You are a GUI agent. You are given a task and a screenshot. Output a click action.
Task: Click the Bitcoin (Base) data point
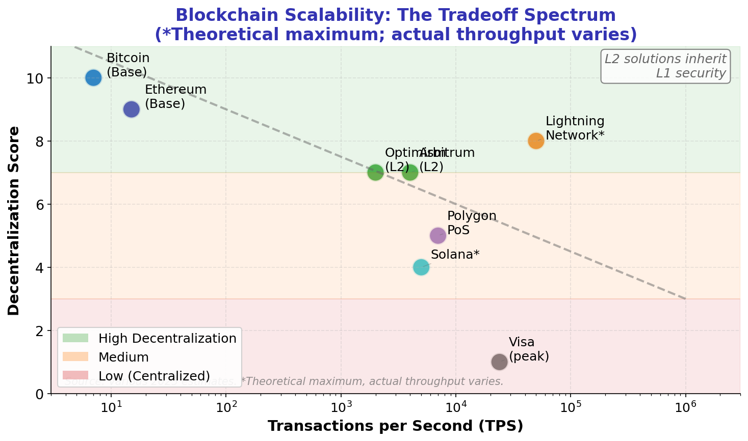[93, 78]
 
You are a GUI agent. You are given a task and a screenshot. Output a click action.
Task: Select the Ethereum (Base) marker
[132, 109]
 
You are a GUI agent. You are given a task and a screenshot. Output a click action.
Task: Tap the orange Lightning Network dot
[536, 141]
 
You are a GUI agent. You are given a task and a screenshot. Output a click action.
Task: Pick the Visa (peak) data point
[500, 362]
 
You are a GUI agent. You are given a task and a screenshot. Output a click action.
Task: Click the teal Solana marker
[421, 267]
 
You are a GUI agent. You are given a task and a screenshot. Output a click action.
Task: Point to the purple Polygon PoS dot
[438, 236]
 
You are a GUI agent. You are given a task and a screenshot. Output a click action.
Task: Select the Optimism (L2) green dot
[375, 173]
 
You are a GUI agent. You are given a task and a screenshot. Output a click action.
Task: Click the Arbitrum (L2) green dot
[410, 173]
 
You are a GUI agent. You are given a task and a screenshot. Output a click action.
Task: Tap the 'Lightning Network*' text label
[575, 128]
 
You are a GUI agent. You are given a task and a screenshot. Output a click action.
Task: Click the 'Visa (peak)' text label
[529, 349]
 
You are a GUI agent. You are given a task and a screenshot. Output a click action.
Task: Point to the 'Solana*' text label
[455, 255]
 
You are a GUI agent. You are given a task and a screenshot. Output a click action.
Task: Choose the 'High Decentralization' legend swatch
[75, 338]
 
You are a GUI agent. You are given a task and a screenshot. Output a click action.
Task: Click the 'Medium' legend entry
[123, 357]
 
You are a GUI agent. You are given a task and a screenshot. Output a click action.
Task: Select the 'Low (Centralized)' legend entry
[154, 376]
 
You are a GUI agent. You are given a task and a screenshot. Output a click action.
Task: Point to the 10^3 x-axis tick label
[341, 408]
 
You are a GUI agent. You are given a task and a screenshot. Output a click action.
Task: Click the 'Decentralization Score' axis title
[14, 220]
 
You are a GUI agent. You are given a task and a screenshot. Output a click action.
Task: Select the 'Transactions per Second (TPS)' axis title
[395, 426]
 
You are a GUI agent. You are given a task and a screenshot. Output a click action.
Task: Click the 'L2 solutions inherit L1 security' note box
[665, 66]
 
